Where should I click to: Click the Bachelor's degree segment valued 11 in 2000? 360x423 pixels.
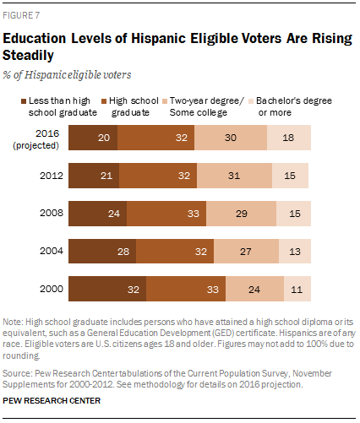tap(295, 290)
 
